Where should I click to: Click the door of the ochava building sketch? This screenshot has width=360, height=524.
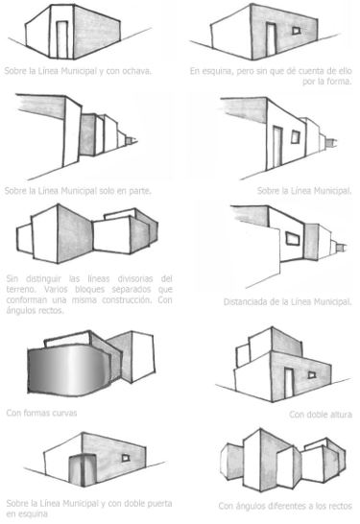coord(61,36)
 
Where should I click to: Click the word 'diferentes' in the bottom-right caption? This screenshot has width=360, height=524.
coord(286,505)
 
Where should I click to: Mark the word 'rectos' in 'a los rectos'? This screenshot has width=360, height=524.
coord(340,505)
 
